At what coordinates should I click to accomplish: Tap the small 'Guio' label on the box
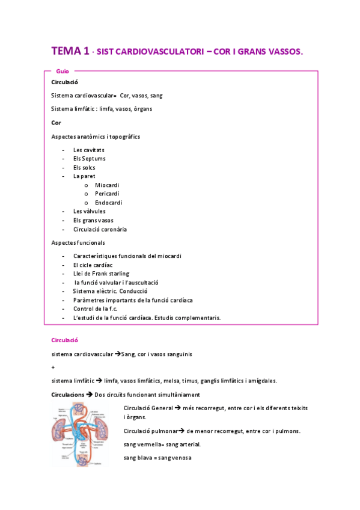[x=62, y=71]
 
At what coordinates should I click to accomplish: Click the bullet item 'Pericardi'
[x=107, y=194]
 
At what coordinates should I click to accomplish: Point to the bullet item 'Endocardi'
[x=108, y=203]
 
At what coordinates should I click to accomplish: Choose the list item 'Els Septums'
[x=89, y=158]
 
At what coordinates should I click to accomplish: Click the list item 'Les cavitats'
[x=88, y=149]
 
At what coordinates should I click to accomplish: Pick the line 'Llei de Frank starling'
[x=101, y=274]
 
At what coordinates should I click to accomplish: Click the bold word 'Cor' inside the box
[x=56, y=123]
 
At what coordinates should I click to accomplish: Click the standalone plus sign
[x=53, y=367]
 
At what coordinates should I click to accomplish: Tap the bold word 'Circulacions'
[x=67, y=395]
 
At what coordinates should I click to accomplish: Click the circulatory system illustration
[x=85, y=434]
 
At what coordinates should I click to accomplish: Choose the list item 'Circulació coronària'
[x=100, y=229]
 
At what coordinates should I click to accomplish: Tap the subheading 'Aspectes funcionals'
[x=78, y=242]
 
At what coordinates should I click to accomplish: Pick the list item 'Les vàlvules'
[x=89, y=211]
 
